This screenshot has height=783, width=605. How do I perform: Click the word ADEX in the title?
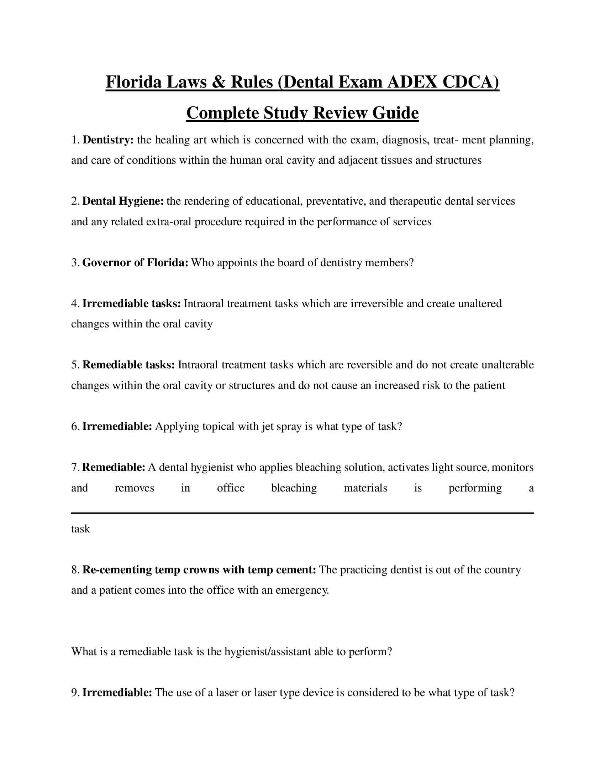click(412, 82)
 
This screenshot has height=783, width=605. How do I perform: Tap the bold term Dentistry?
click(108, 140)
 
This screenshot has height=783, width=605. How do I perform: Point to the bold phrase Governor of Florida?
click(135, 263)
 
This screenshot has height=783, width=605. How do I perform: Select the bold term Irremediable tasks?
click(132, 304)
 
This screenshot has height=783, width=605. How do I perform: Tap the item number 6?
click(74, 427)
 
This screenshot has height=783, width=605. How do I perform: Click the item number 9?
click(74, 693)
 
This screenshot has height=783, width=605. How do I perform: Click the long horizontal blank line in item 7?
click(302, 513)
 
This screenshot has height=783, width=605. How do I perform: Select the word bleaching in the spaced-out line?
click(294, 488)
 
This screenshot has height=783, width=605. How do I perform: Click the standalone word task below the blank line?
click(81, 529)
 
